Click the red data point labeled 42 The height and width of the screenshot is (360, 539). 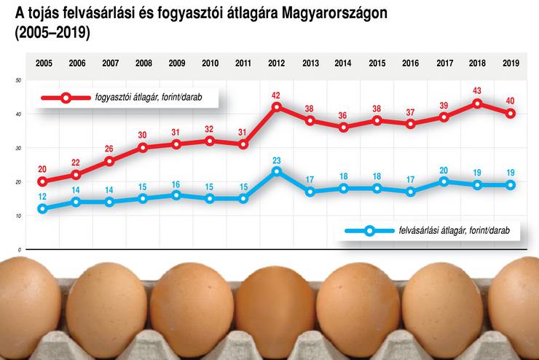(x=277, y=107)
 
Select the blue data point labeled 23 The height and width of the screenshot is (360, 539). (x=277, y=171)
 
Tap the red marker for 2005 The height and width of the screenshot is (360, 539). (x=42, y=181)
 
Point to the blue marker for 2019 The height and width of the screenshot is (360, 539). (x=511, y=185)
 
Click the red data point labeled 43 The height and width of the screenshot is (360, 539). (x=477, y=103)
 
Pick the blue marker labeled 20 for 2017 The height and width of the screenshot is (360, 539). (x=444, y=181)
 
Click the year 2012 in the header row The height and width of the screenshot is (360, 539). (x=277, y=63)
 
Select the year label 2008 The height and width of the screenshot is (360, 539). (x=143, y=63)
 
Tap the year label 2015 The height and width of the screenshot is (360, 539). (x=377, y=63)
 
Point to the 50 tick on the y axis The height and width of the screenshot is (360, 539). (x=17, y=79)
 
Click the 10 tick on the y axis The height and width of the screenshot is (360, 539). (x=17, y=216)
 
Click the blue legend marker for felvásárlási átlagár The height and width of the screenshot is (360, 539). (x=369, y=231)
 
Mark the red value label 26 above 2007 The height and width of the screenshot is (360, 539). (x=109, y=149)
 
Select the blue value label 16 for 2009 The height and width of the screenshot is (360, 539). (x=176, y=184)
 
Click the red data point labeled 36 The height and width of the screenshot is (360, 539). (x=344, y=128)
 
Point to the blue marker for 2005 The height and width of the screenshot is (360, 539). (x=42, y=208)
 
